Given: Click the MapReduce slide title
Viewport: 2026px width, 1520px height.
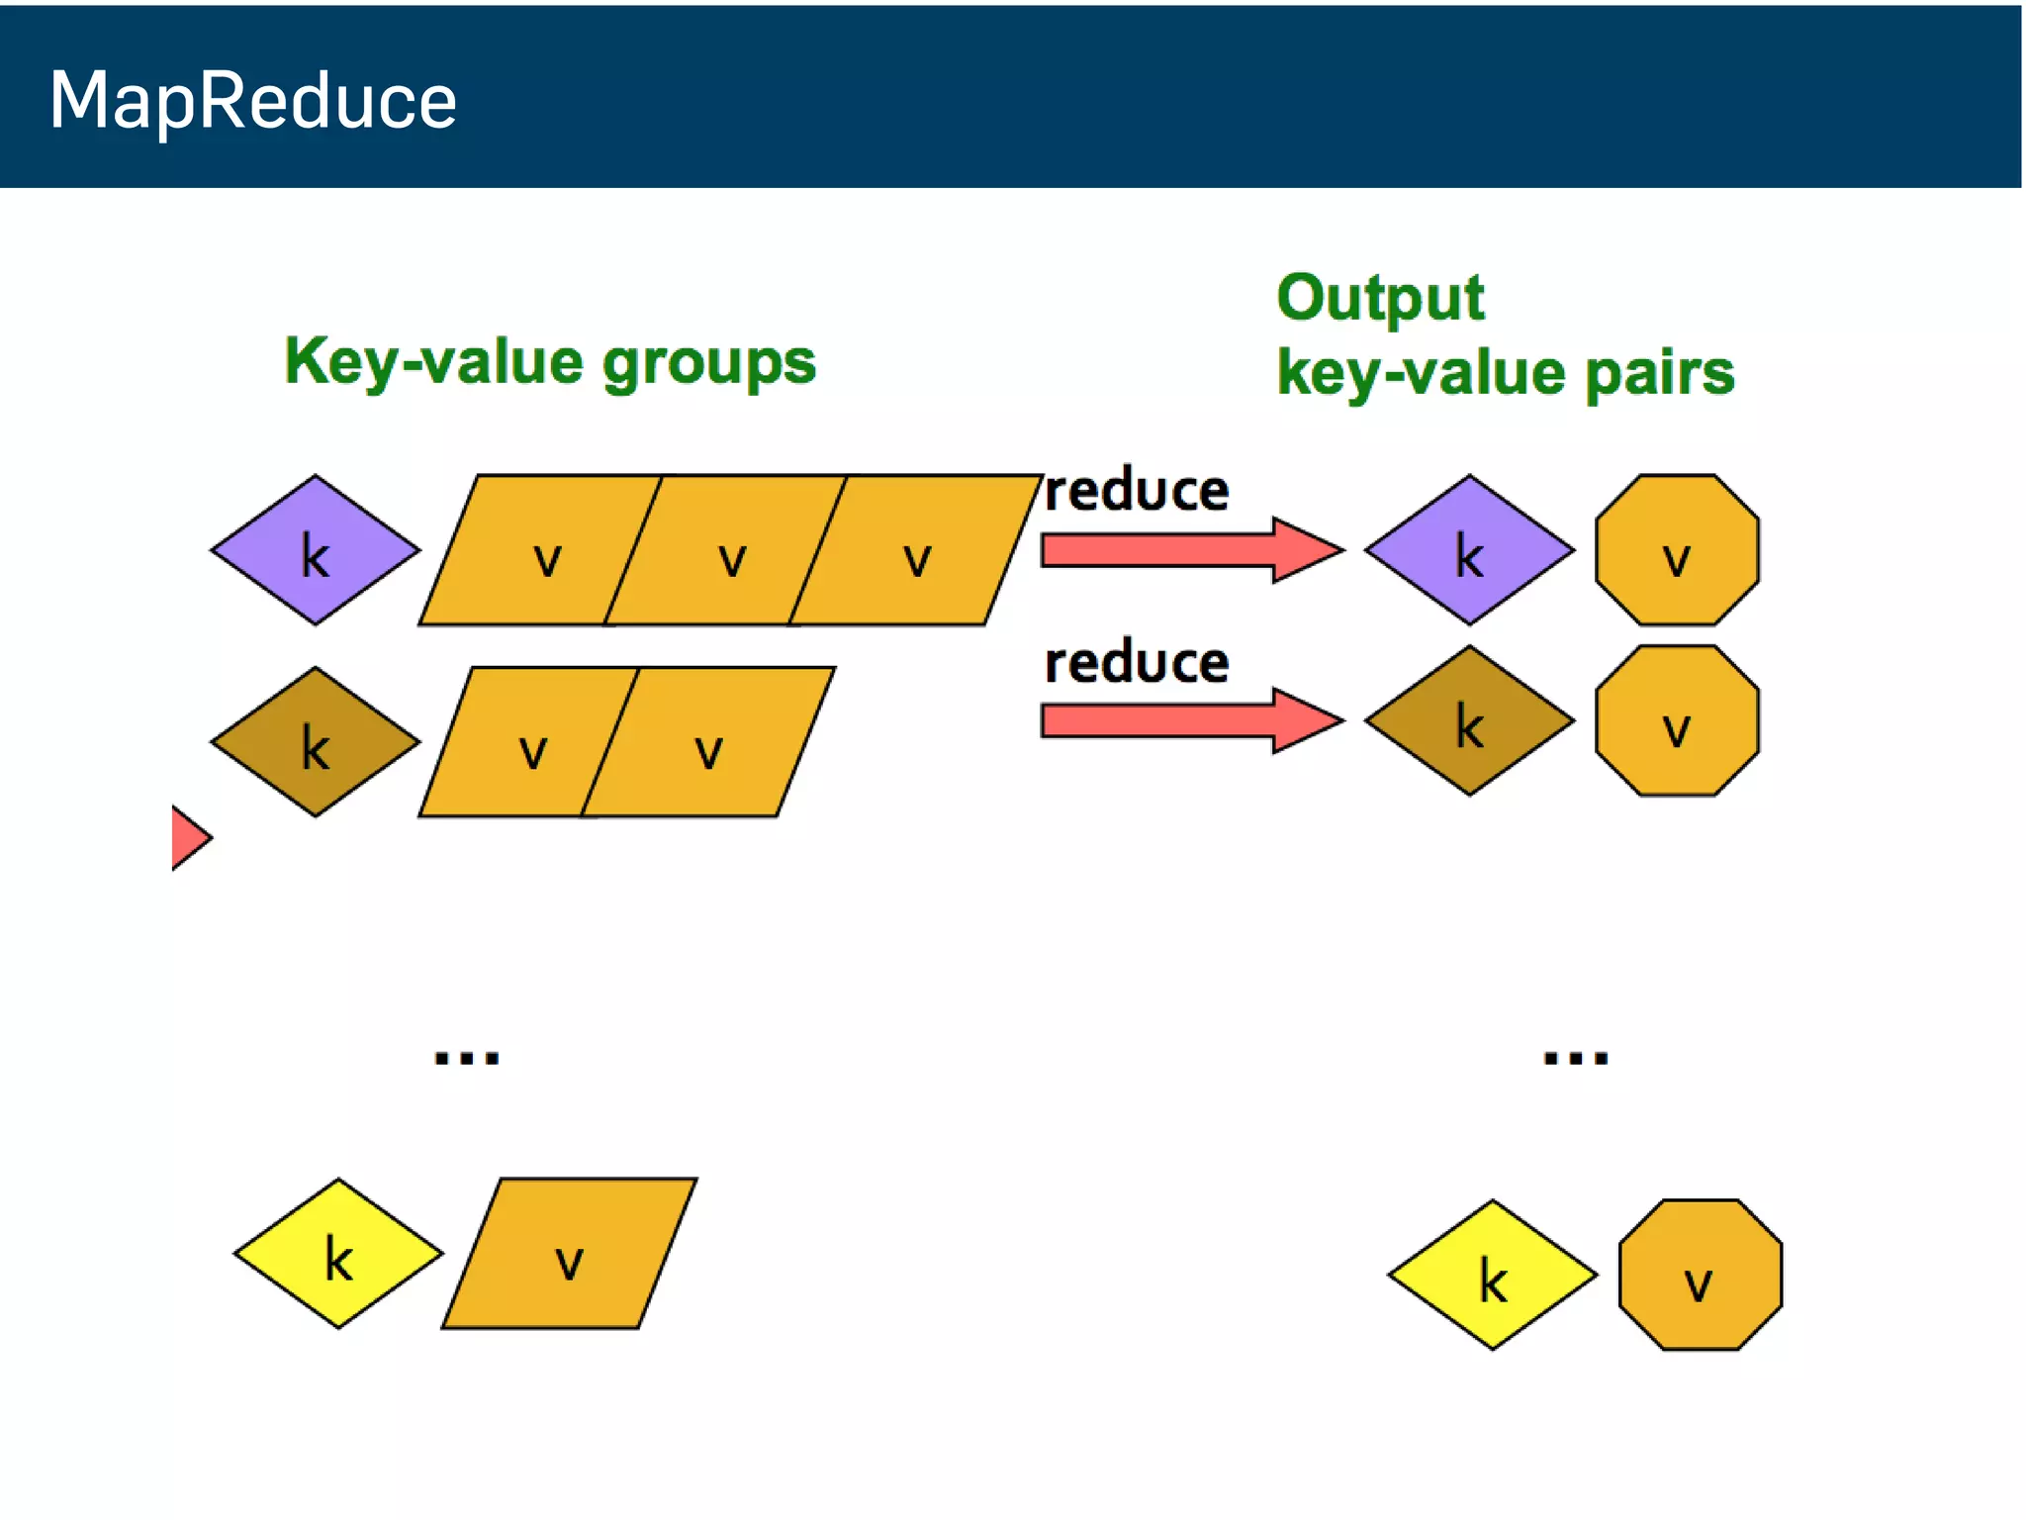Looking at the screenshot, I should (x=252, y=100).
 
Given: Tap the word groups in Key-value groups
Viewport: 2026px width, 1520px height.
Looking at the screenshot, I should (x=709, y=362).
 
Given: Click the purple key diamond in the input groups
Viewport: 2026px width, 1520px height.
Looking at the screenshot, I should (x=315, y=550).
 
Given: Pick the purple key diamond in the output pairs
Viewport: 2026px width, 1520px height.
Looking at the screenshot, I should (x=1469, y=550).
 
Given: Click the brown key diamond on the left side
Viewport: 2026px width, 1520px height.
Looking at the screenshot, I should (x=315, y=742).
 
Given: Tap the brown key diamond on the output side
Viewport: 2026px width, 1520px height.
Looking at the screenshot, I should (x=1469, y=720).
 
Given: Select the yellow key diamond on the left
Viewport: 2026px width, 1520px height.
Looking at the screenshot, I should (x=338, y=1253).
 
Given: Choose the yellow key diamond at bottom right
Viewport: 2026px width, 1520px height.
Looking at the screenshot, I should (x=1492, y=1275).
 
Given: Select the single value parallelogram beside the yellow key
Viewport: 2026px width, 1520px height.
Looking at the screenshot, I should (x=570, y=1253).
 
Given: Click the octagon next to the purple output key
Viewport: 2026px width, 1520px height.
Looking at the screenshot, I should (x=1677, y=550).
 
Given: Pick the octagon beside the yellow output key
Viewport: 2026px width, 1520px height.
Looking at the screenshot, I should (x=1700, y=1275).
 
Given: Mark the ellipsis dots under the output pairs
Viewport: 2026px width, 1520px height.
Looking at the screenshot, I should (x=1576, y=1058).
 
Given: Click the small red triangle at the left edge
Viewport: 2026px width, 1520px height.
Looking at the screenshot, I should (x=187, y=838).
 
